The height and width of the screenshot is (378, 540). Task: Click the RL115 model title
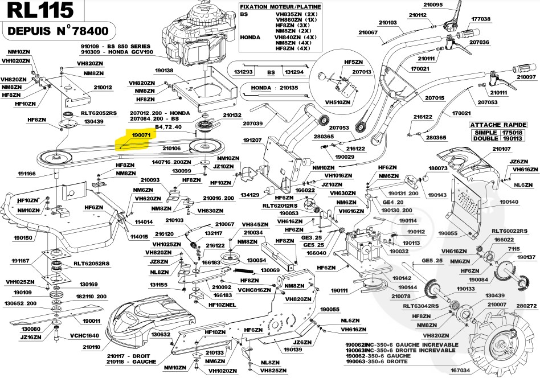[38, 10]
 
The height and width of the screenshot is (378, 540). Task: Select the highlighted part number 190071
[140, 135]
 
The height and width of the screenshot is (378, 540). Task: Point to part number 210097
[526, 77]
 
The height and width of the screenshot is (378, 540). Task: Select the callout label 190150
[23, 237]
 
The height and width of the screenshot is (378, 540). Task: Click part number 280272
[527, 306]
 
